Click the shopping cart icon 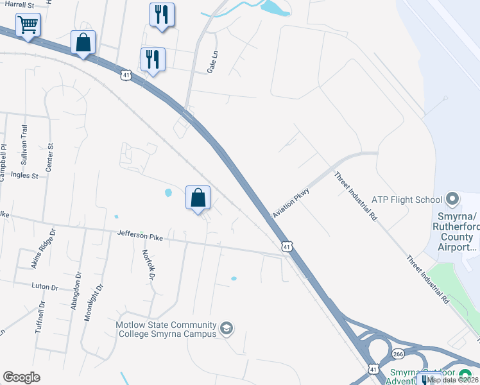[x=28, y=26]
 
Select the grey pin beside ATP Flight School [x=454, y=198]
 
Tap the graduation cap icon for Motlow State [x=226, y=329]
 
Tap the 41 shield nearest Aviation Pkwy [x=287, y=246]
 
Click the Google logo [x=21, y=377]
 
